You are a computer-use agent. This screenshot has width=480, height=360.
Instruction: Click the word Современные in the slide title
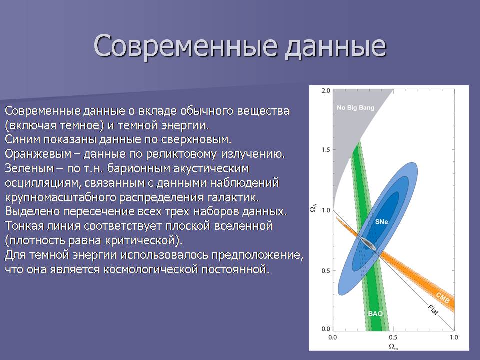pyautogui.click(x=185, y=46)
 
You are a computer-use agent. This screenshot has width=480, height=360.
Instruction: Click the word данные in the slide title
pyautogui.click(x=336, y=46)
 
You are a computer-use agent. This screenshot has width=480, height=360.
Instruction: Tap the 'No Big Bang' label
pyautogui.click(x=355, y=108)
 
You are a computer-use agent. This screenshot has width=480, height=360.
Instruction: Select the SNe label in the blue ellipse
pyautogui.click(x=381, y=222)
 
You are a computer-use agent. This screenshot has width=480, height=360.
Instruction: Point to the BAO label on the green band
pyautogui.click(x=375, y=314)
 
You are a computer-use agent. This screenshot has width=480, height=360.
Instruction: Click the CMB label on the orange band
pyautogui.click(x=443, y=298)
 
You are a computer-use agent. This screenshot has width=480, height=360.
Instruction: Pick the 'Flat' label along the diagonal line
pyautogui.click(x=433, y=310)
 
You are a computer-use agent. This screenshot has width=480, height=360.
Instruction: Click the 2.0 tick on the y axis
pyautogui.click(x=326, y=91)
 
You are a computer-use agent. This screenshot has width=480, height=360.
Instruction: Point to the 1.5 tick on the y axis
pyautogui.click(x=326, y=150)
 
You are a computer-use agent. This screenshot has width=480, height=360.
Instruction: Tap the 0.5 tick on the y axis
pyautogui.click(x=326, y=271)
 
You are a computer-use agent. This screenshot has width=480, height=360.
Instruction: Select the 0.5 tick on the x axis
pyautogui.click(x=393, y=337)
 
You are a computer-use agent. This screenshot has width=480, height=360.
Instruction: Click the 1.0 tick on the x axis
pyautogui.click(x=454, y=337)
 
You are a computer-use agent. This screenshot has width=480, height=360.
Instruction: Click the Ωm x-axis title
pyautogui.click(x=393, y=347)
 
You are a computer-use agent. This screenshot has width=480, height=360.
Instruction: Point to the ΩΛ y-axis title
pyautogui.click(x=314, y=208)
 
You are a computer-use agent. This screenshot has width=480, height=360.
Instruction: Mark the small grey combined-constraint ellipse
pyautogui.click(x=368, y=244)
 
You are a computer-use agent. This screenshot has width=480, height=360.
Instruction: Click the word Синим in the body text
pyautogui.click(x=23, y=139)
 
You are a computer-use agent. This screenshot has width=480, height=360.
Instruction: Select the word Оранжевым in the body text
pyautogui.click(x=38, y=154)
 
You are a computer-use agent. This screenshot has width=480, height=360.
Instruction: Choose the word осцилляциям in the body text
pyautogui.click(x=43, y=183)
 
